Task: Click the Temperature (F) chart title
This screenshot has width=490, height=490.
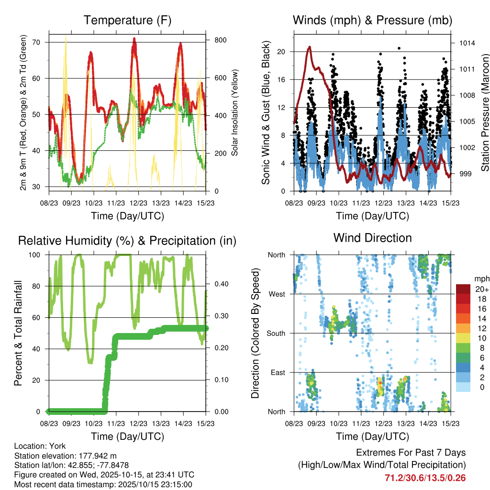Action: (127, 21)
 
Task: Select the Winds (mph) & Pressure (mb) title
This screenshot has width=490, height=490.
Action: (372, 21)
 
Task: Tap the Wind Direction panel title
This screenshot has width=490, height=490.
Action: (372, 238)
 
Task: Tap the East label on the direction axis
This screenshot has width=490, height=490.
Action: (277, 372)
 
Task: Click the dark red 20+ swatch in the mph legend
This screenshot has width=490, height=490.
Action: (464, 289)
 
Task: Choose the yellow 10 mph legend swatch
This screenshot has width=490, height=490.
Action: (464, 338)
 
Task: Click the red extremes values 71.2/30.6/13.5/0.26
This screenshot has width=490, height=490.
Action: (425, 478)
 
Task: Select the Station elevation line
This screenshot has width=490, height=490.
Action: (66, 456)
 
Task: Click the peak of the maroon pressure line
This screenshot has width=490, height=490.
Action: (310, 47)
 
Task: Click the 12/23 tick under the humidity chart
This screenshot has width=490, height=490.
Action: (138, 423)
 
